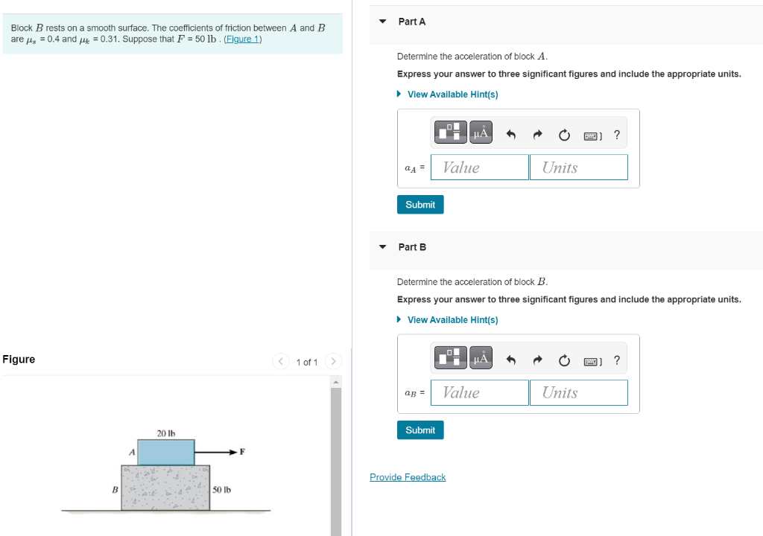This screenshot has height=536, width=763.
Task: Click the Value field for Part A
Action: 480,167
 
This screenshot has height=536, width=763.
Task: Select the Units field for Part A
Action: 579,167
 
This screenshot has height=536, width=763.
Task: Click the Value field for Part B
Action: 480,392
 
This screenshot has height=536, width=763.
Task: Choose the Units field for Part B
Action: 579,392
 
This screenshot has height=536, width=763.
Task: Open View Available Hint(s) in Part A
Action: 452,95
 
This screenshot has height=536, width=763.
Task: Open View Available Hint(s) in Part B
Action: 452,320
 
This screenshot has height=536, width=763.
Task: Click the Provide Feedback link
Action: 408,477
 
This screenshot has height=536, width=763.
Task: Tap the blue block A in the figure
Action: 166,452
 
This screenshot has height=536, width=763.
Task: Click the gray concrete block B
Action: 166,488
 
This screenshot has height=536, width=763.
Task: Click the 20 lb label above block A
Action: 165,433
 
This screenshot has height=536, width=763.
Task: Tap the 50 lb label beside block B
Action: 222,490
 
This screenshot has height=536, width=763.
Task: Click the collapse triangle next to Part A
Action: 382,22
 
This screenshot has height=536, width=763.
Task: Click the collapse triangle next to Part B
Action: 382,246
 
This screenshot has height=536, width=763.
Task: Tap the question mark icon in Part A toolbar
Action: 616,135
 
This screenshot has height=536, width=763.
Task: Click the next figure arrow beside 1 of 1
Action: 334,362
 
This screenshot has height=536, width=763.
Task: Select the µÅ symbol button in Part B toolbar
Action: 481,360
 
